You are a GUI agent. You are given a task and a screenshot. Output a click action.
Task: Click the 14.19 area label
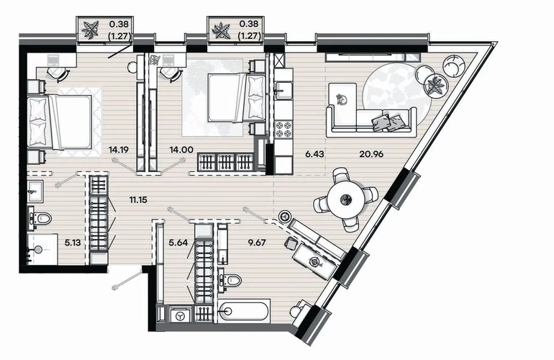119,150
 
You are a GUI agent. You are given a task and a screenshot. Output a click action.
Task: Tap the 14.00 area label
181,150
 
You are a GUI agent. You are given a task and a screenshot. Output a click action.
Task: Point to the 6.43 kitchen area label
314,154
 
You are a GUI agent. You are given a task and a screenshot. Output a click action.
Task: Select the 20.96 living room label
371,154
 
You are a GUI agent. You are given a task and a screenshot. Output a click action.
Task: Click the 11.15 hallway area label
138,200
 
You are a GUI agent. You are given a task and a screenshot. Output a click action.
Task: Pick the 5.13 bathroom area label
73,242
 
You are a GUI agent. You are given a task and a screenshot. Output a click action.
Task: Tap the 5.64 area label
178,242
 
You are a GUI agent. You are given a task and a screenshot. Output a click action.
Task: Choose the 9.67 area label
257,242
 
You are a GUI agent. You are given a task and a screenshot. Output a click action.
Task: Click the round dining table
346,200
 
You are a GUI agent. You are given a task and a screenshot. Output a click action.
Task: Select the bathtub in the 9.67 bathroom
244,311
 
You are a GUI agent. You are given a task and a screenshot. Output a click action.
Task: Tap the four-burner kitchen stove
283,129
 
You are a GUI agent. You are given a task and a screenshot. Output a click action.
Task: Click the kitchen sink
283,90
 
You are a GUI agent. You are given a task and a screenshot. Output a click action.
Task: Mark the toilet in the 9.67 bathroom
230,280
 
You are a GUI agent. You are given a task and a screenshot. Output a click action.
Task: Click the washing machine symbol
181,315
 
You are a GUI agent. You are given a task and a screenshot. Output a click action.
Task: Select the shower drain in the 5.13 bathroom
37,250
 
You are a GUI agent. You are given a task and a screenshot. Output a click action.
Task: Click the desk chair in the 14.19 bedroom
58,73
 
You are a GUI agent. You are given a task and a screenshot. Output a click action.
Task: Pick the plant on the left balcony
90,30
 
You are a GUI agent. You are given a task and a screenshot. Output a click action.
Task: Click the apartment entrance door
127,279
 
